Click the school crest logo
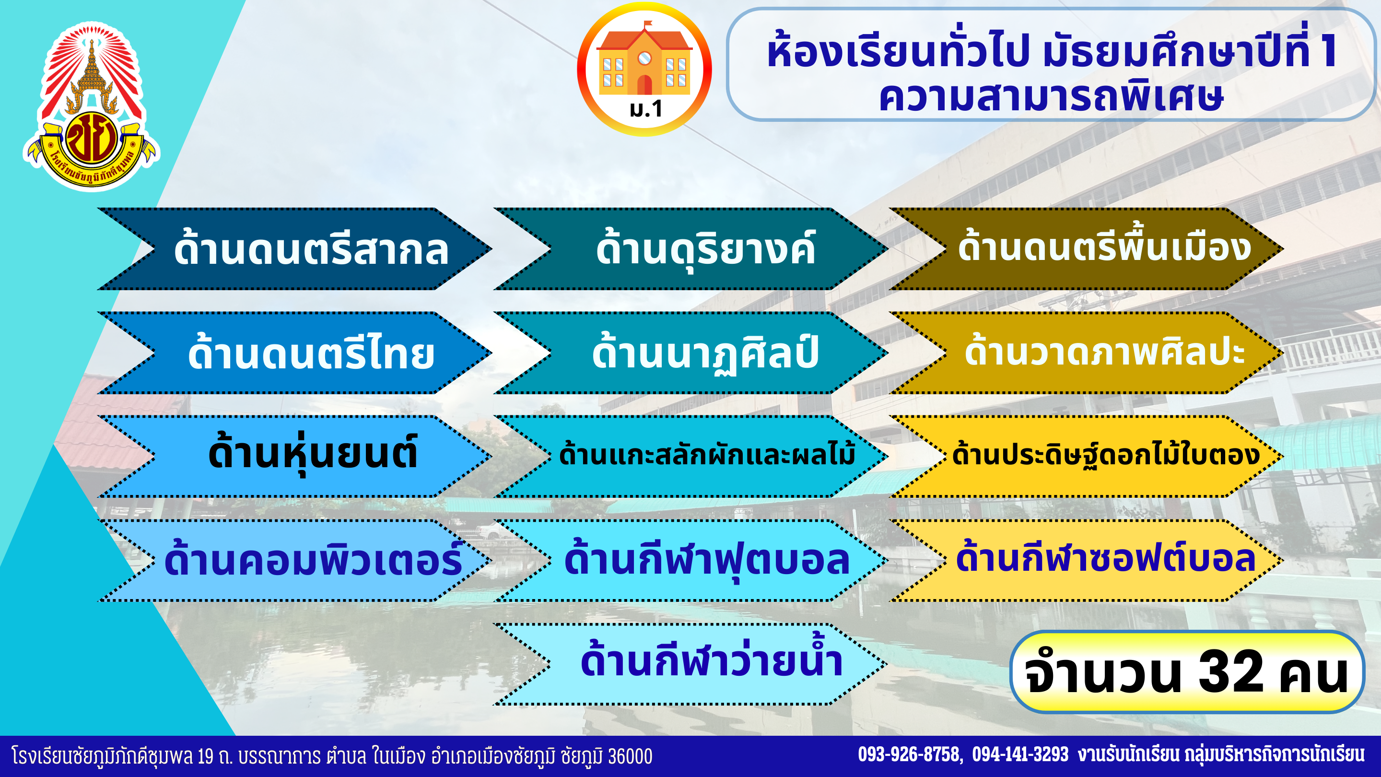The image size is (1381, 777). click(91, 106)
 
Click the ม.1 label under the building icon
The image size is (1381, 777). click(645, 109)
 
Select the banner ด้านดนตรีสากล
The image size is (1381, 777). click(294, 249)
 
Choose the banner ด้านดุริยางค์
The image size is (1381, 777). click(691, 249)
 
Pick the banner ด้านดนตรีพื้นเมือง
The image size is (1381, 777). click(1087, 249)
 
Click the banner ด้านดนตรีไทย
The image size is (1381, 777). click(294, 353)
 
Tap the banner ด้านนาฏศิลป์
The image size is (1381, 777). click(691, 353)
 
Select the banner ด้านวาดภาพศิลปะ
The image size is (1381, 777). click(1087, 353)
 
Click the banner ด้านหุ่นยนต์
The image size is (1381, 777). click(294, 456)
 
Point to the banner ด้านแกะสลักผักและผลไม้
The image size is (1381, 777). click(691, 456)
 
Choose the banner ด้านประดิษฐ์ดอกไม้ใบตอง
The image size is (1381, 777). click(1087, 456)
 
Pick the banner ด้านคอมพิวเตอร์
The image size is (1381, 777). click(294, 560)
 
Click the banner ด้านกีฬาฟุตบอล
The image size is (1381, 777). click(691, 560)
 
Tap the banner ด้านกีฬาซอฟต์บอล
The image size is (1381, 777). click(1087, 560)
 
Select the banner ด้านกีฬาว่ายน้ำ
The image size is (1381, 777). click(691, 664)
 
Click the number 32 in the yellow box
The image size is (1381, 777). click(1231, 671)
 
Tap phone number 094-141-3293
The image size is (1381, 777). click(1021, 754)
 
